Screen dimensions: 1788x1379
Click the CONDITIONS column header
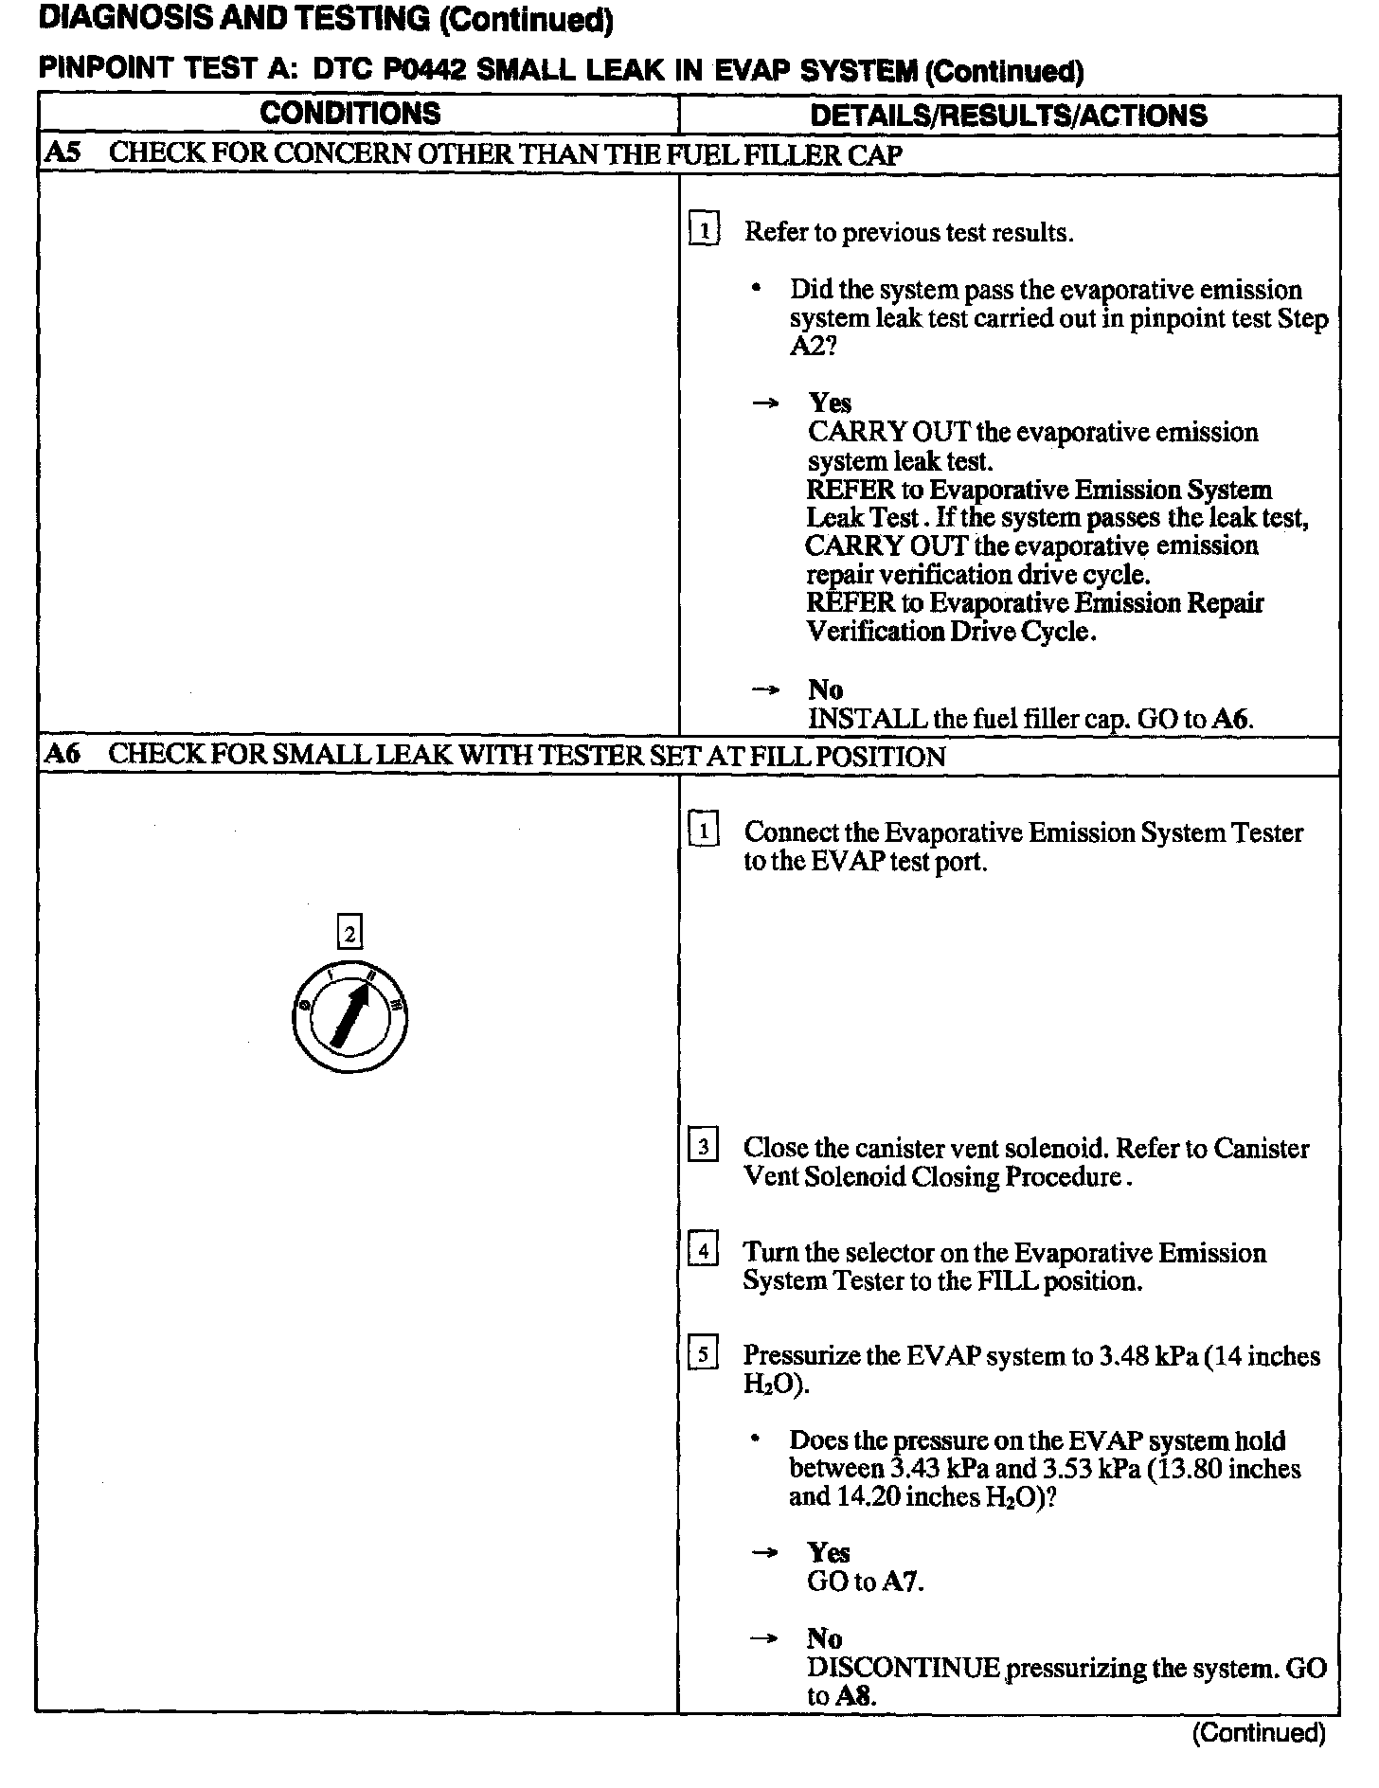pos(349,114)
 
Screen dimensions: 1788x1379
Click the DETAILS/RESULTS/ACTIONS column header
pos(1009,116)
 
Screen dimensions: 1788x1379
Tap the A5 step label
pos(63,153)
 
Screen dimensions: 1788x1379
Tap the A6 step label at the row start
pos(63,755)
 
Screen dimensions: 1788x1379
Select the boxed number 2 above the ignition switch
pos(350,934)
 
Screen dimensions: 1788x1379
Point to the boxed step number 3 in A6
pos(703,1147)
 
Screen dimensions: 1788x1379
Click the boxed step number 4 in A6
pos(703,1251)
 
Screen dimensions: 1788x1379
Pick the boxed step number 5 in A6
pos(703,1354)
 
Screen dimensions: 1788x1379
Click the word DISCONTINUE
pos(904,1668)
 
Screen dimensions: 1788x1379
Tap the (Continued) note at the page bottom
pos(1259,1733)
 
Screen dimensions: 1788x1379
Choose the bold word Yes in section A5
pos(830,403)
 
